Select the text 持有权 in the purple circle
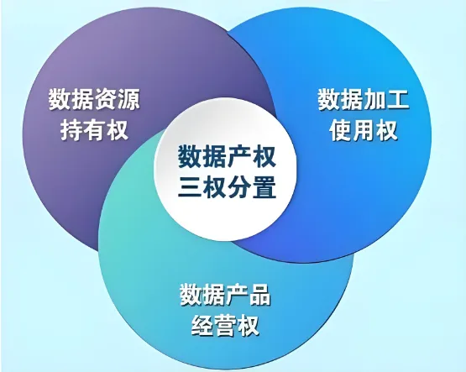point(94,130)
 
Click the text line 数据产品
point(225,296)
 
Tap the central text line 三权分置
point(225,187)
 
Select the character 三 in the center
point(191,187)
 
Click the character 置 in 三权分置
point(260,187)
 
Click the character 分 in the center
point(237,187)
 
